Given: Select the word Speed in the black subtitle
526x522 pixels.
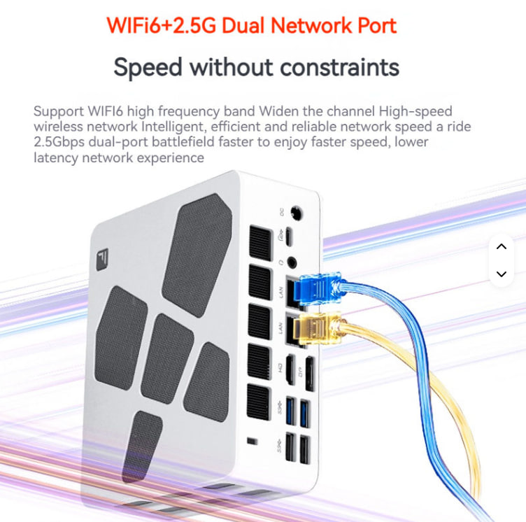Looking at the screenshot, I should [x=148, y=67].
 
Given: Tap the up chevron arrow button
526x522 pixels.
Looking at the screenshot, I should [x=501, y=246].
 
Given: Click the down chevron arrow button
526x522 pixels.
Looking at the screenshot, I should [x=501, y=274].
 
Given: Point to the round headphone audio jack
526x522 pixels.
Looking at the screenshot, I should [x=292, y=263].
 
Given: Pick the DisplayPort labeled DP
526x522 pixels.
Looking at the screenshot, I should [x=308, y=373].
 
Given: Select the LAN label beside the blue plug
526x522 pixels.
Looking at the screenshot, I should [x=281, y=293].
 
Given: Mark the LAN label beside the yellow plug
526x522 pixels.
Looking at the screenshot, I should [x=281, y=327].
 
